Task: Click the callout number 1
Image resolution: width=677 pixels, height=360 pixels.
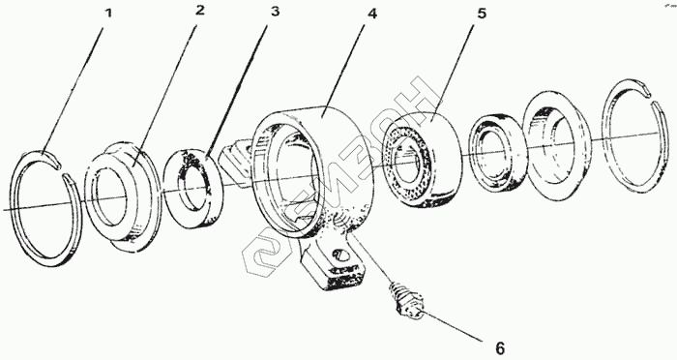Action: pos(108,14)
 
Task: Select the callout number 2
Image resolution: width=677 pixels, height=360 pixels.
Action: pos(199,11)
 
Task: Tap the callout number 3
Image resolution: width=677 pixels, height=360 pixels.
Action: pos(275,12)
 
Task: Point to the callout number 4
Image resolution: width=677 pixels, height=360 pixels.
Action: pos(371,14)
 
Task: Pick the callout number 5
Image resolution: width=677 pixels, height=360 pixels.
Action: pos(482,14)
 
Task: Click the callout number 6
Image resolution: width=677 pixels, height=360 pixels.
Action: pos(500,348)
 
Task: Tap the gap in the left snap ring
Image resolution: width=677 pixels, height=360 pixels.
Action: pos(61,169)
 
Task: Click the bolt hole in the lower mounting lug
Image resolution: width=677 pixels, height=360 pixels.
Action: pos(343,255)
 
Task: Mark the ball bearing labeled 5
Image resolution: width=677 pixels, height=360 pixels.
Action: pos(422,160)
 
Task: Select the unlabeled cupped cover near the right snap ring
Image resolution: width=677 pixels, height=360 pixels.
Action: pos(557,145)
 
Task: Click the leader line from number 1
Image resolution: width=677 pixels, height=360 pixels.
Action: pos(73,89)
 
